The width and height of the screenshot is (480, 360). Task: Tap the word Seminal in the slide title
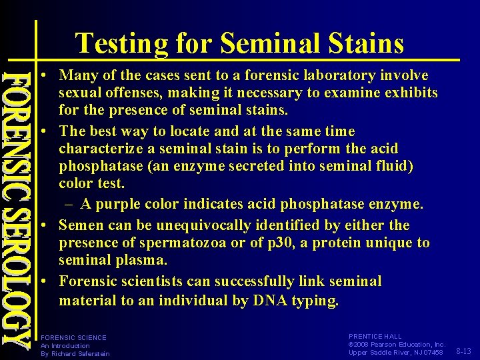click(267, 44)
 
